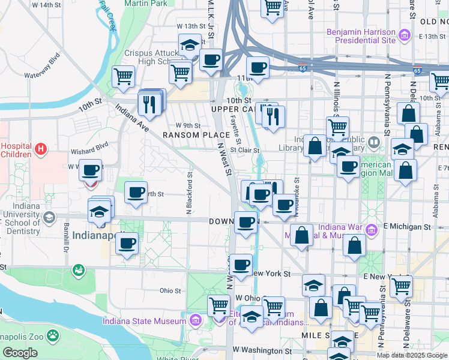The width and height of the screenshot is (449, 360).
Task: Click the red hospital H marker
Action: (x=41, y=148)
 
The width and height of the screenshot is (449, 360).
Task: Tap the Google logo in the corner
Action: (x=20, y=353)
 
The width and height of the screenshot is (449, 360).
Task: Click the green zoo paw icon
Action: (x=53, y=334)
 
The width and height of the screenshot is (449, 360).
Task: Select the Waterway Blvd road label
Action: (x=43, y=68)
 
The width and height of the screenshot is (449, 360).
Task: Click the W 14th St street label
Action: (x=47, y=5)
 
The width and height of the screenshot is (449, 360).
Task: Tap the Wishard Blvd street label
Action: (x=89, y=145)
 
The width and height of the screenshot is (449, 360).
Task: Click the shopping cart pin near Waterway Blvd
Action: (x=123, y=76)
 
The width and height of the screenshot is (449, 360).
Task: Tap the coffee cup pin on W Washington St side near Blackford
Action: (x=127, y=244)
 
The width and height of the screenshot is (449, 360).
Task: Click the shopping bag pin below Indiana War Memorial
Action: (x=355, y=245)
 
